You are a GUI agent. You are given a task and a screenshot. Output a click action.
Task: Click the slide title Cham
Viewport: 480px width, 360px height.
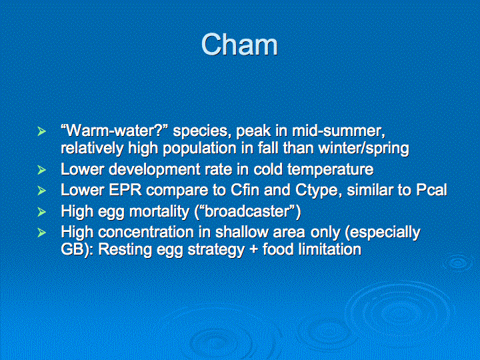pyautogui.click(x=239, y=45)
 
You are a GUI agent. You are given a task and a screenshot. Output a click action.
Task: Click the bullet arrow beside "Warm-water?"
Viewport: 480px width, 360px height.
pyautogui.click(x=41, y=131)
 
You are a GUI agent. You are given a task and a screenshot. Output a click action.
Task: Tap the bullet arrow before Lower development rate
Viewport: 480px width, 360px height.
pyautogui.click(x=41, y=170)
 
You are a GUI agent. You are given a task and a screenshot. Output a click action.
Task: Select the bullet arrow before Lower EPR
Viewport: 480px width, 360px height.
pyautogui.click(x=41, y=191)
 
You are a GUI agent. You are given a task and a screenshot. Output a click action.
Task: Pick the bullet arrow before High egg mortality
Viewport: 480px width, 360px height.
pyautogui.click(x=41, y=211)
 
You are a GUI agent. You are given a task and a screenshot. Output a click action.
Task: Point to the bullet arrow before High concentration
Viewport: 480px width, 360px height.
pyautogui.click(x=41, y=233)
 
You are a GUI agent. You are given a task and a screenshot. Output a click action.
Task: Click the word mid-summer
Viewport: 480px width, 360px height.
pyautogui.click(x=338, y=131)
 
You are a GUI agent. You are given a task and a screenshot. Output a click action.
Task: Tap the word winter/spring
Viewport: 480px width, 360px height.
pyautogui.click(x=364, y=149)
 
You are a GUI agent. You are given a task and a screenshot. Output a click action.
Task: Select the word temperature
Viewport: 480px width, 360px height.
pyautogui.click(x=330, y=169)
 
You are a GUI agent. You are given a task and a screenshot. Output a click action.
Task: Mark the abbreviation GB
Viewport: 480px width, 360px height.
pyautogui.click(x=71, y=249)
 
